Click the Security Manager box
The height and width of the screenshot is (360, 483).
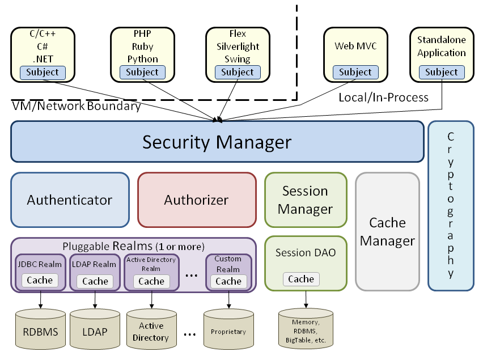pos(217,142)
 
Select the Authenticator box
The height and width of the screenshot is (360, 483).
pos(70,200)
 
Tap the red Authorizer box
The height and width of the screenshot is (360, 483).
pos(196,200)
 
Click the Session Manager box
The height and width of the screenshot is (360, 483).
pos(305,200)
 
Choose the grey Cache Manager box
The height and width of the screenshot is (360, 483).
pos(387,231)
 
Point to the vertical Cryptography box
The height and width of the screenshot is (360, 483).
pos(451,205)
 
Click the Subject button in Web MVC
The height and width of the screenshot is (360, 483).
pos(355,72)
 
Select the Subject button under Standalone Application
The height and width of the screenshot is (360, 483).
pos(441,72)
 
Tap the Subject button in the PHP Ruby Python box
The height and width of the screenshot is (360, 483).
pos(142,72)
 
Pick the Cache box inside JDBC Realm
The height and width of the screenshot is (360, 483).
pos(40,280)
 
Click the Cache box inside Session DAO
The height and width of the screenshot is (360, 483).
pos(301,279)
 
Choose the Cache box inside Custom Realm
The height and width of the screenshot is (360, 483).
pos(228,281)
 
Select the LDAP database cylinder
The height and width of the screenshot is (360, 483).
pos(95,331)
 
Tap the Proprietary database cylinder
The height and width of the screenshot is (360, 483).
pos(228,331)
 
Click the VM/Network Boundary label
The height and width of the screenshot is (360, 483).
pos(76,105)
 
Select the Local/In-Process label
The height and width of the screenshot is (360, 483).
pos(383,98)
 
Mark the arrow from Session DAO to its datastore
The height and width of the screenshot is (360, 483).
pos(306,299)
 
